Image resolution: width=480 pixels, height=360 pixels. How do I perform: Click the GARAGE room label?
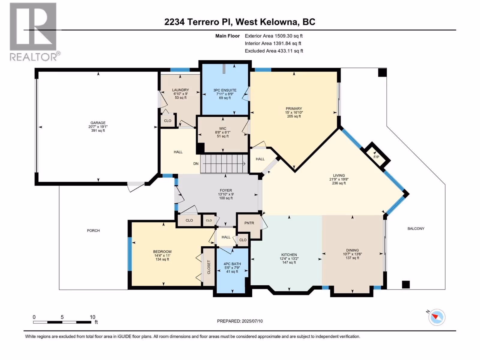point(98,123)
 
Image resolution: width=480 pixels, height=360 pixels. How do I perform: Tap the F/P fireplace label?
point(376,157)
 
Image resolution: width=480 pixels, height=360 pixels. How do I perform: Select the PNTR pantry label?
point(249,223)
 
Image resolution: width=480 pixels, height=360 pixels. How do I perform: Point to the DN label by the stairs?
point(196,164)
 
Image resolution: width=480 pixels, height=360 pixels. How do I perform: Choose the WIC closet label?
point(223,128)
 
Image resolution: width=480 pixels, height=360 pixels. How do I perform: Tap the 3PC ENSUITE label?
point(225,90)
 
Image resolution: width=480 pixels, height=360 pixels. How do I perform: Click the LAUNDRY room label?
point(180,90)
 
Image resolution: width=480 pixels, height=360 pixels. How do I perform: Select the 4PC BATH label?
point(232,264)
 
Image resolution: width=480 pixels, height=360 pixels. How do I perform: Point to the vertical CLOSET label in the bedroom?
point(209,267)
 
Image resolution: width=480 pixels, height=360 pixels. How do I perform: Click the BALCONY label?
point(416,229)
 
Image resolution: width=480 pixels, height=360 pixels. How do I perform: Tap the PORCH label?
point(93,231)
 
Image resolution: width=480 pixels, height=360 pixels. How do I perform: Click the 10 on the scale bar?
point(92,317)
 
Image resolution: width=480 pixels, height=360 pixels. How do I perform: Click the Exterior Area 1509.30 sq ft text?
point(274,36)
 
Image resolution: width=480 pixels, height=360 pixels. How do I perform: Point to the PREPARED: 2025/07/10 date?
point(240,321)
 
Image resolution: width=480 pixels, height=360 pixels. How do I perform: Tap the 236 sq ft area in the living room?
point(339,183)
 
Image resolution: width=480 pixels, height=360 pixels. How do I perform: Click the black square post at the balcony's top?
point(382,73)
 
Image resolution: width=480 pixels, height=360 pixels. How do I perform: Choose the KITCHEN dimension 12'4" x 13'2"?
point(289,259)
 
